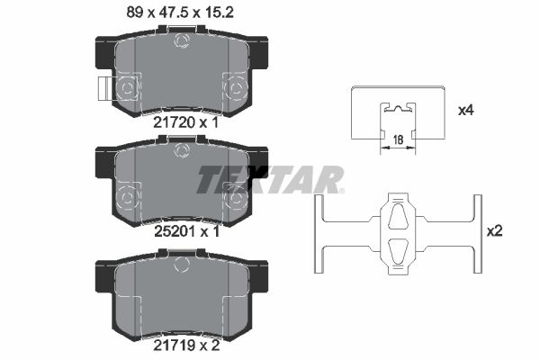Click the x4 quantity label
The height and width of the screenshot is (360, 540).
click(x=465, y=111)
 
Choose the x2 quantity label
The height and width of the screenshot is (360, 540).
click(x=494, y=230)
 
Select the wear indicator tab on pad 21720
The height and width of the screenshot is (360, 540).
click(x=103, y=88)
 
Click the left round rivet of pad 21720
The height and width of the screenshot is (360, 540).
click(x=127, y=87)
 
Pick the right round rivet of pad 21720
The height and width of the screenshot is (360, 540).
click(x=239, y=87)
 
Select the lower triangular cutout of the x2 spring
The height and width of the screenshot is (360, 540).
click(x=397, y=249)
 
